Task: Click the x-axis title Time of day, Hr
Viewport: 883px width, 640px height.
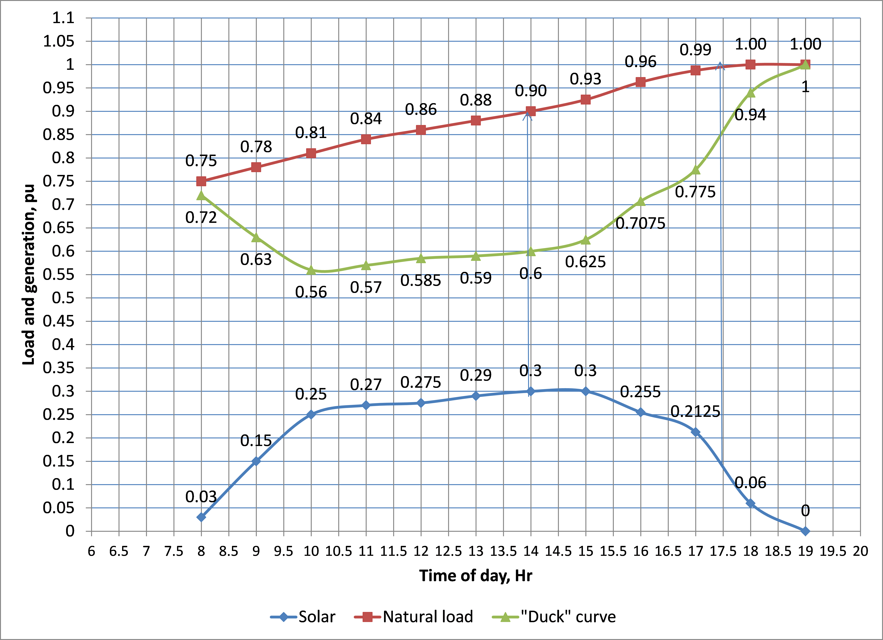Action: [475, 575]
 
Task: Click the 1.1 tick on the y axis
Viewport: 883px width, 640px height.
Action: [63, 18]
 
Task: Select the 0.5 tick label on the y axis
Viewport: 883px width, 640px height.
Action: [63, 298]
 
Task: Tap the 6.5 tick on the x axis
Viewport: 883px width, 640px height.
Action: [119, 551]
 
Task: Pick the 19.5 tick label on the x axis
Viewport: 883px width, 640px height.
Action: [833, 551]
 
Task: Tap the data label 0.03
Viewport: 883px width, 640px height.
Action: [201, 497]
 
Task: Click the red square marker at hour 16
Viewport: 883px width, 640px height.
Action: [640, 82]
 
